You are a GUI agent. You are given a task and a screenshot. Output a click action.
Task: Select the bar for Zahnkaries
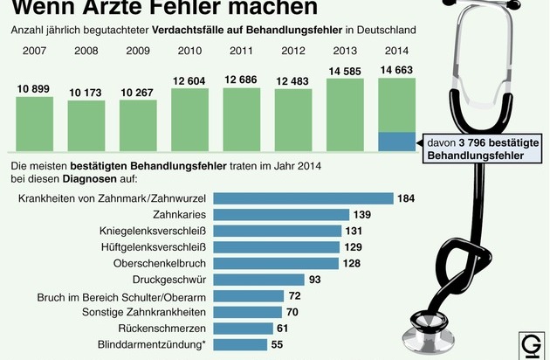click(x=280, y=215)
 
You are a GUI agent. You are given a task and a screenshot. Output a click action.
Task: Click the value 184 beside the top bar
click(x=406, y=198)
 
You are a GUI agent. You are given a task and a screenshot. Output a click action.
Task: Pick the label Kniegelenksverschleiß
click(x=155, y=231)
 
